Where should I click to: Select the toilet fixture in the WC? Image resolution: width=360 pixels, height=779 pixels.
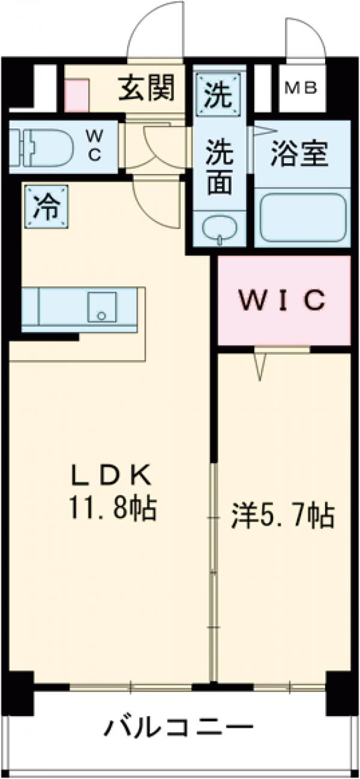click(x=39, y=144)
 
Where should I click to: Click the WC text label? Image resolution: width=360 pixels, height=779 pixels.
click(x=95, y=145)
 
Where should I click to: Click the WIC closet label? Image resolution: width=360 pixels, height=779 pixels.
click(x=283, y=299)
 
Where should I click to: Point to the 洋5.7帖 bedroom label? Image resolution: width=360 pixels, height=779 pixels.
click(x=283, y=516)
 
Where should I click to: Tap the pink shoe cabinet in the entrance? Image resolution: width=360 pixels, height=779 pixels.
click(x=76, y=95)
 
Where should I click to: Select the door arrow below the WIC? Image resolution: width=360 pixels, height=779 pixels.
click(x=260, y=365)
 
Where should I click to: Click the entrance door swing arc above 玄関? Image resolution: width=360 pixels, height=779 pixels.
click(x=155, y=30)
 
